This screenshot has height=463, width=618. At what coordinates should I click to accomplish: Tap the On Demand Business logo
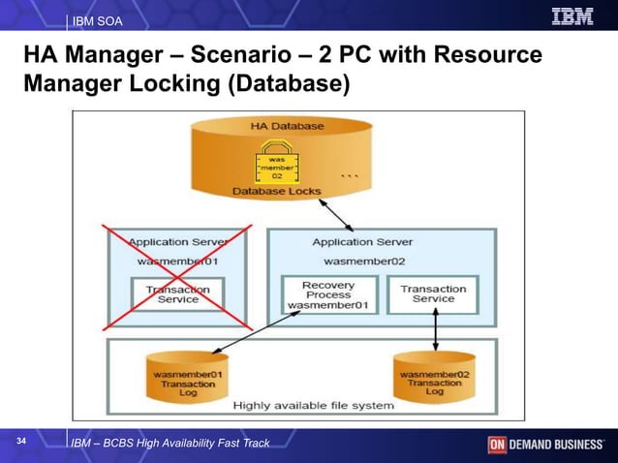[x=545, y=445]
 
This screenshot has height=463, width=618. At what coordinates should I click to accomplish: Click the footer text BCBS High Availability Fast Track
[x=170, y=444]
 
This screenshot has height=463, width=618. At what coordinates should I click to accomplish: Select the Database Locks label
[x=276, y=192]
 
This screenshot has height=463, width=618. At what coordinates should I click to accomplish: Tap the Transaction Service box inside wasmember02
[x=433, y=294]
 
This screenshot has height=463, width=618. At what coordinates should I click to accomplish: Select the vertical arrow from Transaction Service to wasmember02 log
[x=435, y=331]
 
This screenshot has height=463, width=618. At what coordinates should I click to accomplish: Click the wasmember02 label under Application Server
[x=363, y=261]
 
